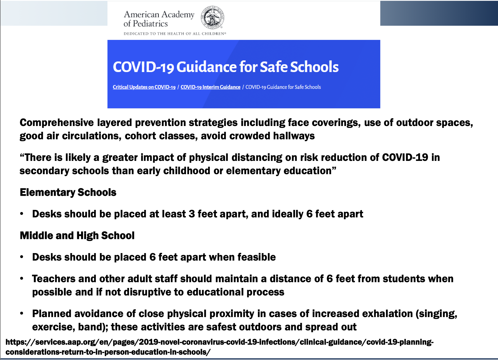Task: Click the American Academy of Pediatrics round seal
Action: pyautogui.click(x=212, y=17)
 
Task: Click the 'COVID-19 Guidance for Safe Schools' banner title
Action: pyautogui.click(x=225, y=67)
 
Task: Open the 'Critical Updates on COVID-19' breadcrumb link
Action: pyautogui.click(x=144, y=87)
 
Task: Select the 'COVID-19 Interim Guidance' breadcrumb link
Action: pyautogui.click(x=210, y=87)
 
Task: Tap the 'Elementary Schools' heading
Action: pyautogui.click(x=68, y=192)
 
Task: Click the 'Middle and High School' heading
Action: pyautogui.click(x=77, y=235)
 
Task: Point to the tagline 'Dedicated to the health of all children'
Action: pyautogui.click(x=175, y=34)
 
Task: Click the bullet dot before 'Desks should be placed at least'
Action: pyautogui.click(x=22, y=214)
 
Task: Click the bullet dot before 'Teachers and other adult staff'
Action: pyautogui.click(x=22, y=279)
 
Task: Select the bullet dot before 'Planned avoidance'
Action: pyautogui.click(x=22, y=313)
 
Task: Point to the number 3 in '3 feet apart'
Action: pyautogui.click(x=192, y=214)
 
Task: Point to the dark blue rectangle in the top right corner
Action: pyautogui.click(x=439, y=13)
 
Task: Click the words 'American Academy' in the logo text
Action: pyautogui.click(x=159, y=14)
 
